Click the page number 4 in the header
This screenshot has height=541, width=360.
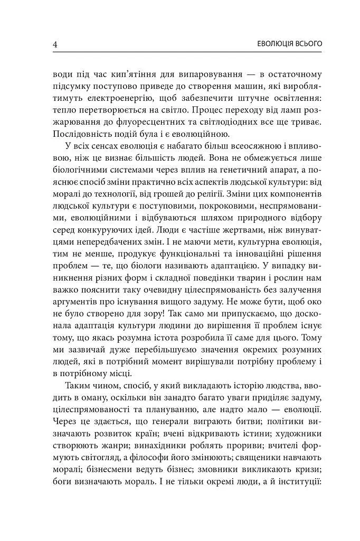[55, 44]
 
